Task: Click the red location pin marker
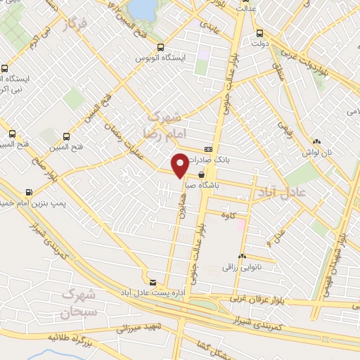[180, 165]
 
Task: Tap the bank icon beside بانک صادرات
[208, 150]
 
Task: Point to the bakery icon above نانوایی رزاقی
[243, 257]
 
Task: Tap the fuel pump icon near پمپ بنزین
[29, 192]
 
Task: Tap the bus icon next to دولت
[260, 32]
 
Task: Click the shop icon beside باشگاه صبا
[202, 174]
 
